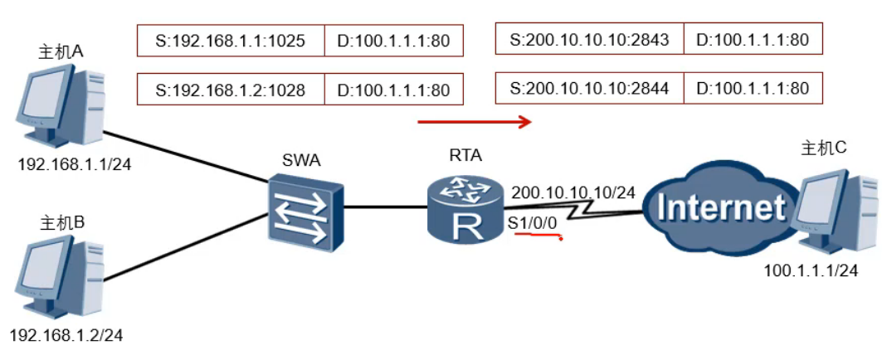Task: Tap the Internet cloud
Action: point(719,207)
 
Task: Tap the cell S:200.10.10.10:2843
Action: point(589,38)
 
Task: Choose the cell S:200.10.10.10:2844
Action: point(589,88)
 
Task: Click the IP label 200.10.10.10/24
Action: point(573,192)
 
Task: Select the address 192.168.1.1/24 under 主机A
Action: point(75,163)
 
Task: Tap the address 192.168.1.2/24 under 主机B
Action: point(66,335)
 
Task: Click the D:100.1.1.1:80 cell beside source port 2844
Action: point(753,88)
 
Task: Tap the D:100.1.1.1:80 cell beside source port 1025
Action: point(393,40)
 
